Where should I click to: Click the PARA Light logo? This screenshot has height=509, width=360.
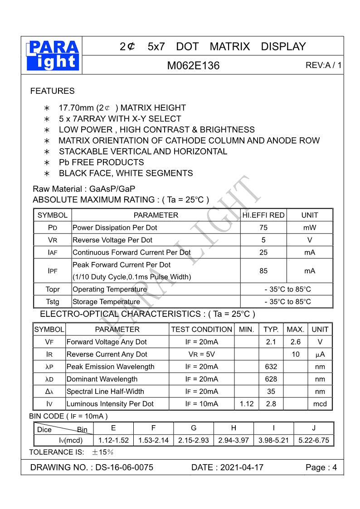pos(53,55)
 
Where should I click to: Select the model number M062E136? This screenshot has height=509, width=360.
pos(193,66)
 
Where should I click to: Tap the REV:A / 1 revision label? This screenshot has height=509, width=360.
pos(323,66)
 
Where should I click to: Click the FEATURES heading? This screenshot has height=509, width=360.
pos(52,91)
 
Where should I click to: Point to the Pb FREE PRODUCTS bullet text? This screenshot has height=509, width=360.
pos(101,162)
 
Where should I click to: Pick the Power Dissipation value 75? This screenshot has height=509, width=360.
pos(263,228)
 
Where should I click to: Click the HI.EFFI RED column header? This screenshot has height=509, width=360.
pos(263,215)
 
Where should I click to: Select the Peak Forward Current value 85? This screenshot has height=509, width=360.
pos(263,271)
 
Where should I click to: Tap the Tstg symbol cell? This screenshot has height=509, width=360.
pos(53,302)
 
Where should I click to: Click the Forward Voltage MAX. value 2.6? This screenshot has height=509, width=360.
pos(296,342)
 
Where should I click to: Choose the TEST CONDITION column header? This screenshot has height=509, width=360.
pos(201,330)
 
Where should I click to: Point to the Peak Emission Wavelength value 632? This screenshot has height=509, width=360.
pos(271,367)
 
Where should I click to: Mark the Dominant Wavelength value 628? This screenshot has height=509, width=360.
pos(271,379)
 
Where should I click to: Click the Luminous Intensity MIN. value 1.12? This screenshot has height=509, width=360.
pos(247,404)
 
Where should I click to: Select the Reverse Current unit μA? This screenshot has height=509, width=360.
pos(320,354)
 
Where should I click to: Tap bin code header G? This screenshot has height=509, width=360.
pos(194,428)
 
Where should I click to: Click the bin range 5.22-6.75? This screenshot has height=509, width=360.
pos(314,440)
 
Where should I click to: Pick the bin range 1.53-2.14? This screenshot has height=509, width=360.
pos(153,440)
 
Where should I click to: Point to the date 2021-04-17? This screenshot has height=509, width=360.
pos(242,468)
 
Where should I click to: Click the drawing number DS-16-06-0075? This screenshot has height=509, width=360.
pos(124,468)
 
